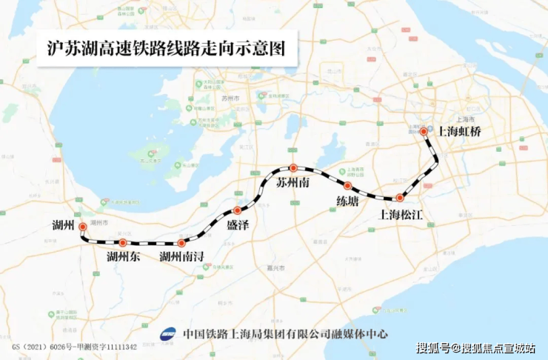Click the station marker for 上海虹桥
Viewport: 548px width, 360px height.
point(424,132)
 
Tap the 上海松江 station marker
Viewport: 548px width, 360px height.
point(399,198)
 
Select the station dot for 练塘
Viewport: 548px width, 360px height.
point(347,185)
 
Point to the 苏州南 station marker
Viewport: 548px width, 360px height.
point(293,168)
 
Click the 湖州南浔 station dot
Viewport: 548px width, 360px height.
point(181,243)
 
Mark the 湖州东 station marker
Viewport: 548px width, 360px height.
point(123,242)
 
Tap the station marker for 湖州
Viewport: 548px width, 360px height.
point(82,227)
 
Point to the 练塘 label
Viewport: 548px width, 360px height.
point(347,201)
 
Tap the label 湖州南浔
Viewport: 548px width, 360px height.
point(182,258)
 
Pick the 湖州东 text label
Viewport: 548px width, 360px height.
point(123,258)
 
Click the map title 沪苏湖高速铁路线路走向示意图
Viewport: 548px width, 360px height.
point(160,50)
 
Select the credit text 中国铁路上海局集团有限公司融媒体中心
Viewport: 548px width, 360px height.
point(285,334)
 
